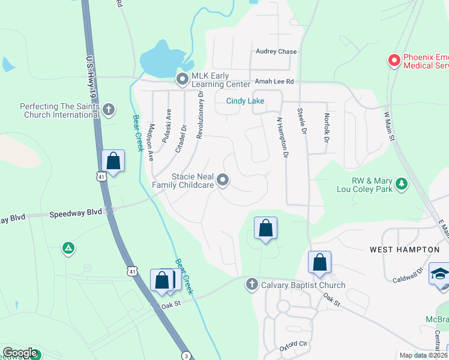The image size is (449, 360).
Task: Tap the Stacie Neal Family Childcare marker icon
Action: (223, 180)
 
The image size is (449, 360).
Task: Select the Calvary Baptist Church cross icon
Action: (252, 284)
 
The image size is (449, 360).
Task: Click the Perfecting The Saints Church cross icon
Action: (109, 110)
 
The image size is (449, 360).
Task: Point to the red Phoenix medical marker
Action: (394, 61)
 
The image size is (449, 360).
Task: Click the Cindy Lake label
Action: (245, 101)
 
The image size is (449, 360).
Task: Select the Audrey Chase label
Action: (276, 52)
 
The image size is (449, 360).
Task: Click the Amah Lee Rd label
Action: (274, 81)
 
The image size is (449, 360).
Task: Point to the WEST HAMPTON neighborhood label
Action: (405, 249)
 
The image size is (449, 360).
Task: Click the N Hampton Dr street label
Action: (282, 137)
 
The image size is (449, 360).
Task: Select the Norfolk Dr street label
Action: (327, 128)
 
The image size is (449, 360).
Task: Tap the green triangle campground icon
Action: (68, 247)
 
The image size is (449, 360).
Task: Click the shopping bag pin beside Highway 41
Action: (113, 161)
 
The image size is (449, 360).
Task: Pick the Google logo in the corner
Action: (20, 353)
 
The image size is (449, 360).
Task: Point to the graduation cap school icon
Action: (439, 273)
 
